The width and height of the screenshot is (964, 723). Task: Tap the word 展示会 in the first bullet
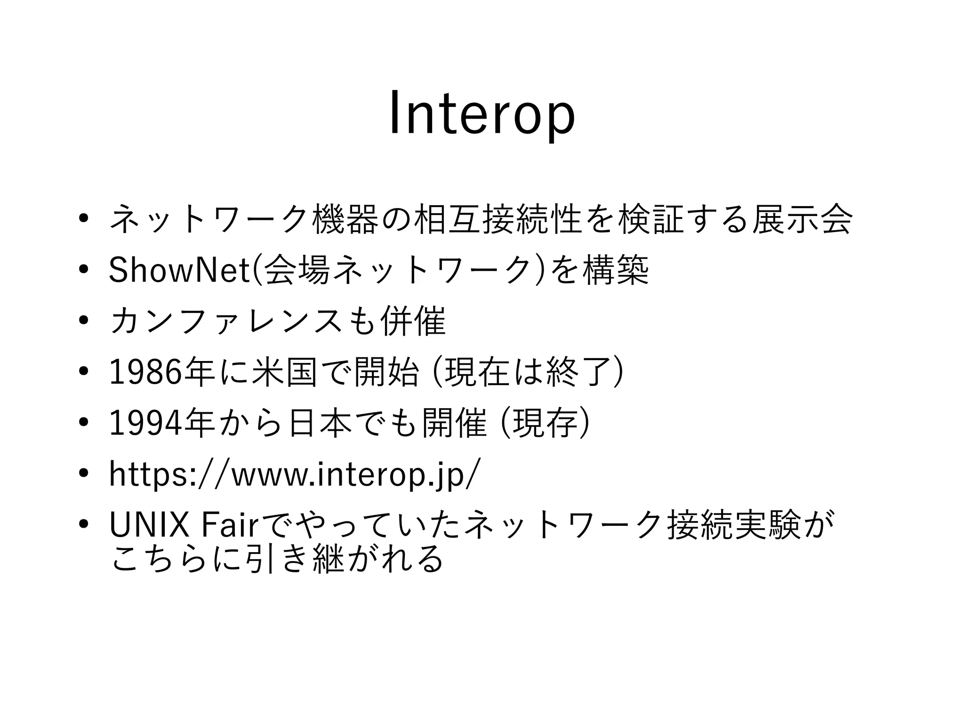[x=802, y=219]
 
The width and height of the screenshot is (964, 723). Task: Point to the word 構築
[x=616, y=271]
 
